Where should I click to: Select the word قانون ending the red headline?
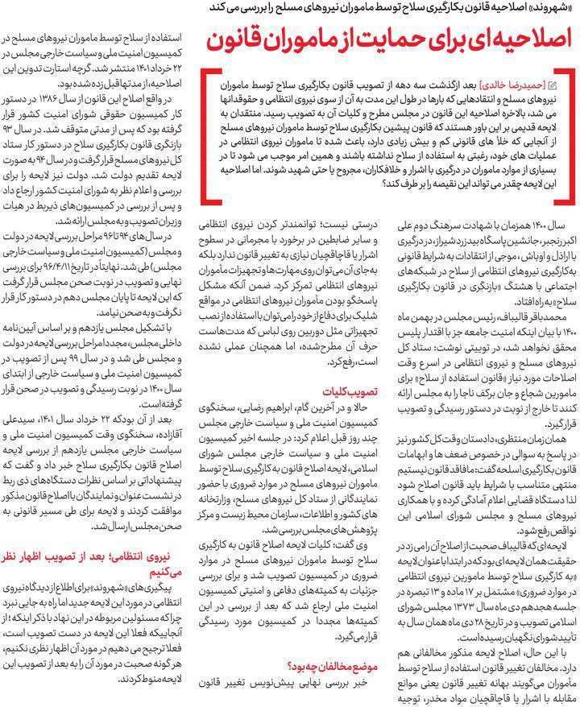point(242,40)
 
